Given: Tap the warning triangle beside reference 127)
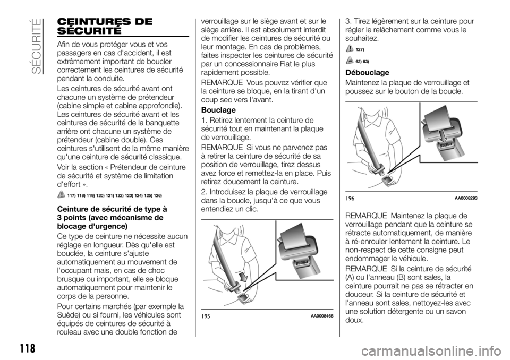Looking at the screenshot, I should point(350,48).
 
